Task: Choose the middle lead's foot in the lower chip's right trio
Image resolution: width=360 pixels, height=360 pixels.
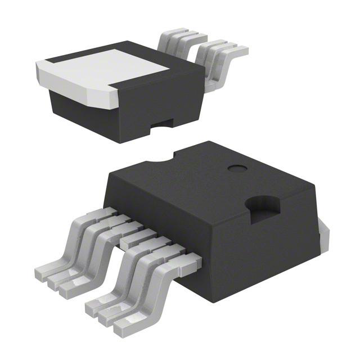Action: click(110, 318)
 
